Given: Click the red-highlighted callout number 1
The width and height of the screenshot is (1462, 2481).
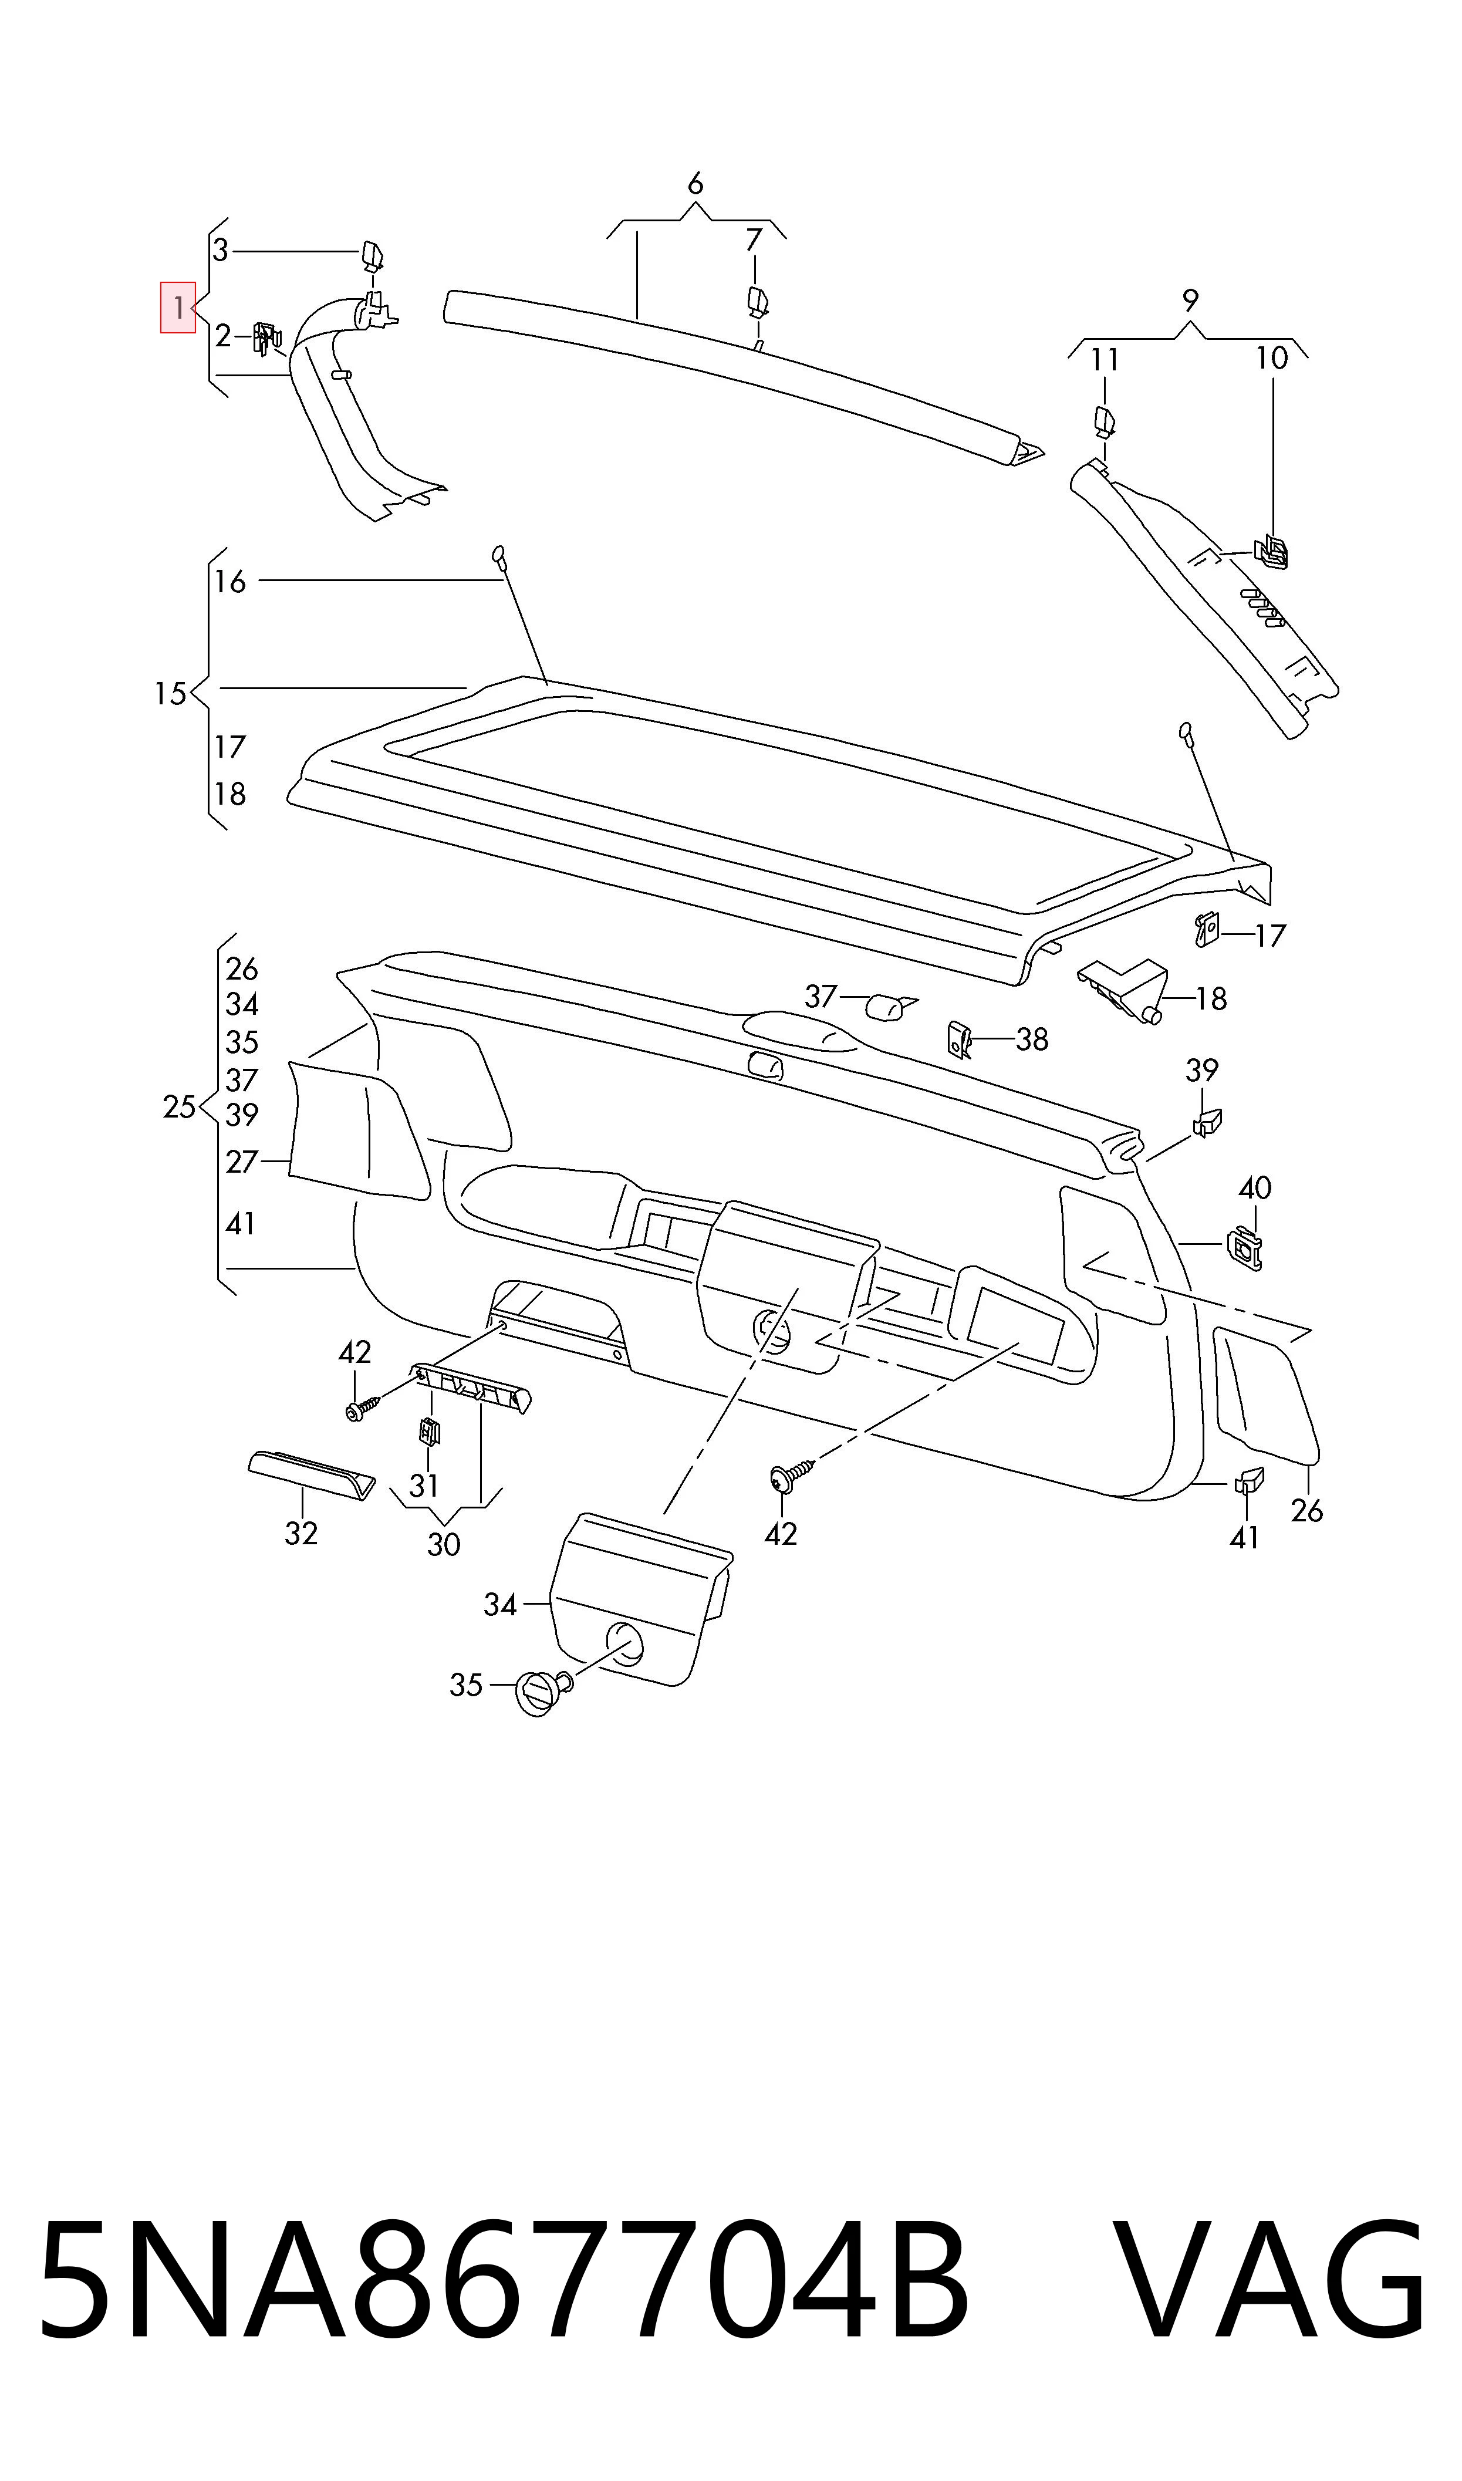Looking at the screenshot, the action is click(x=178, y=308).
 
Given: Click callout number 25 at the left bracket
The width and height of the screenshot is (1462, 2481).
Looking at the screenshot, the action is click(x=180, y=1107).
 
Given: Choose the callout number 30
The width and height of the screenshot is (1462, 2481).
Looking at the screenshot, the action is click(x=443, y=1544).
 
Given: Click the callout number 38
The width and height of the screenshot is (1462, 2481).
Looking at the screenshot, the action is click(x=1031, y=1039).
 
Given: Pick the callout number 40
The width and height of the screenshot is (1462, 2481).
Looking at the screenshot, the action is click(x=1254, y=1188).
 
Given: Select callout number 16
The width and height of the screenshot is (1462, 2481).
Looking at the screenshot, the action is click(x=231, y=581).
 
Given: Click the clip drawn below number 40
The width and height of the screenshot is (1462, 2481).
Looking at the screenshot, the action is click(x=1245, y=1249).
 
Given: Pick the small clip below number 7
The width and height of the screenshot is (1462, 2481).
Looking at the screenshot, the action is click(x=757, y=301).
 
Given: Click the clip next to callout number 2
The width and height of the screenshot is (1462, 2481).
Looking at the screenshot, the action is click(x=266, y=338).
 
